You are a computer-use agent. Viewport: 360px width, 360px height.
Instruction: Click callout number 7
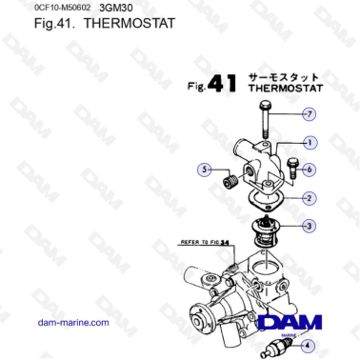[x=309, y=114]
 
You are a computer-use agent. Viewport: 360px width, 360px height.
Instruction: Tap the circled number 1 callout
[x=310, y=142]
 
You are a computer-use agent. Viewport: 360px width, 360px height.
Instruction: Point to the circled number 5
[x=204, y=170]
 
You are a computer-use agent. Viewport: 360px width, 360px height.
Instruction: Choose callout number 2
[x=310, y=198]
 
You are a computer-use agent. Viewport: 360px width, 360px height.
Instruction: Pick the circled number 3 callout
[x=310, y=226]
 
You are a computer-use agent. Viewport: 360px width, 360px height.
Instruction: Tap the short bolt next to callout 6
[x=293, y=170]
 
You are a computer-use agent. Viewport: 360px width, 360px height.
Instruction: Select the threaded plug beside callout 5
[x=228, y=180]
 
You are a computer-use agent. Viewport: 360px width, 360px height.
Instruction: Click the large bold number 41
[x=222, y=84]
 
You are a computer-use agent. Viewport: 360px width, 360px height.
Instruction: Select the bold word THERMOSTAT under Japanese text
[x=285, y=89]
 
